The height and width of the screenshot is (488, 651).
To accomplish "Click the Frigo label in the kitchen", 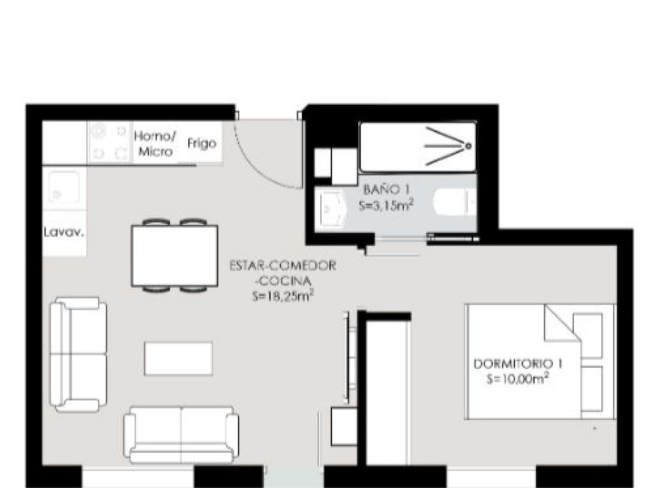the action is (x=202, y=144).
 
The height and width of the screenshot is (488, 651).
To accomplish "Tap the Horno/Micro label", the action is (x=155, y=144).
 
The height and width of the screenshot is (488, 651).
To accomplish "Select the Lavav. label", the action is (x=64, y=232).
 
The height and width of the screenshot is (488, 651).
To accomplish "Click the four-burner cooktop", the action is (x=110, y=142).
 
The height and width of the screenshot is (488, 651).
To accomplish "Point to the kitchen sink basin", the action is (x=64, y=188).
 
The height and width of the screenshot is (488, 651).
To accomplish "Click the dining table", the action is (x=175, y=256).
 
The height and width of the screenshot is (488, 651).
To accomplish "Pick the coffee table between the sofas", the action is (x=178, y=359).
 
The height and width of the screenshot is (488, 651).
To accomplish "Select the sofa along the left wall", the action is (x=78, y=355).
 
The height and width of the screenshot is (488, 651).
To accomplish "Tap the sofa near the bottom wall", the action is (x=181, y=435).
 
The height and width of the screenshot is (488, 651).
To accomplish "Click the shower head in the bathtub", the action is (x=468, y=146).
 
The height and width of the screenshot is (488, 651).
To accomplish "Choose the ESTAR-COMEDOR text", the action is (x=283, y=265).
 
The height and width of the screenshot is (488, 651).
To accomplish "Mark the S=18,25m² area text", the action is (x=283, y=296).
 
